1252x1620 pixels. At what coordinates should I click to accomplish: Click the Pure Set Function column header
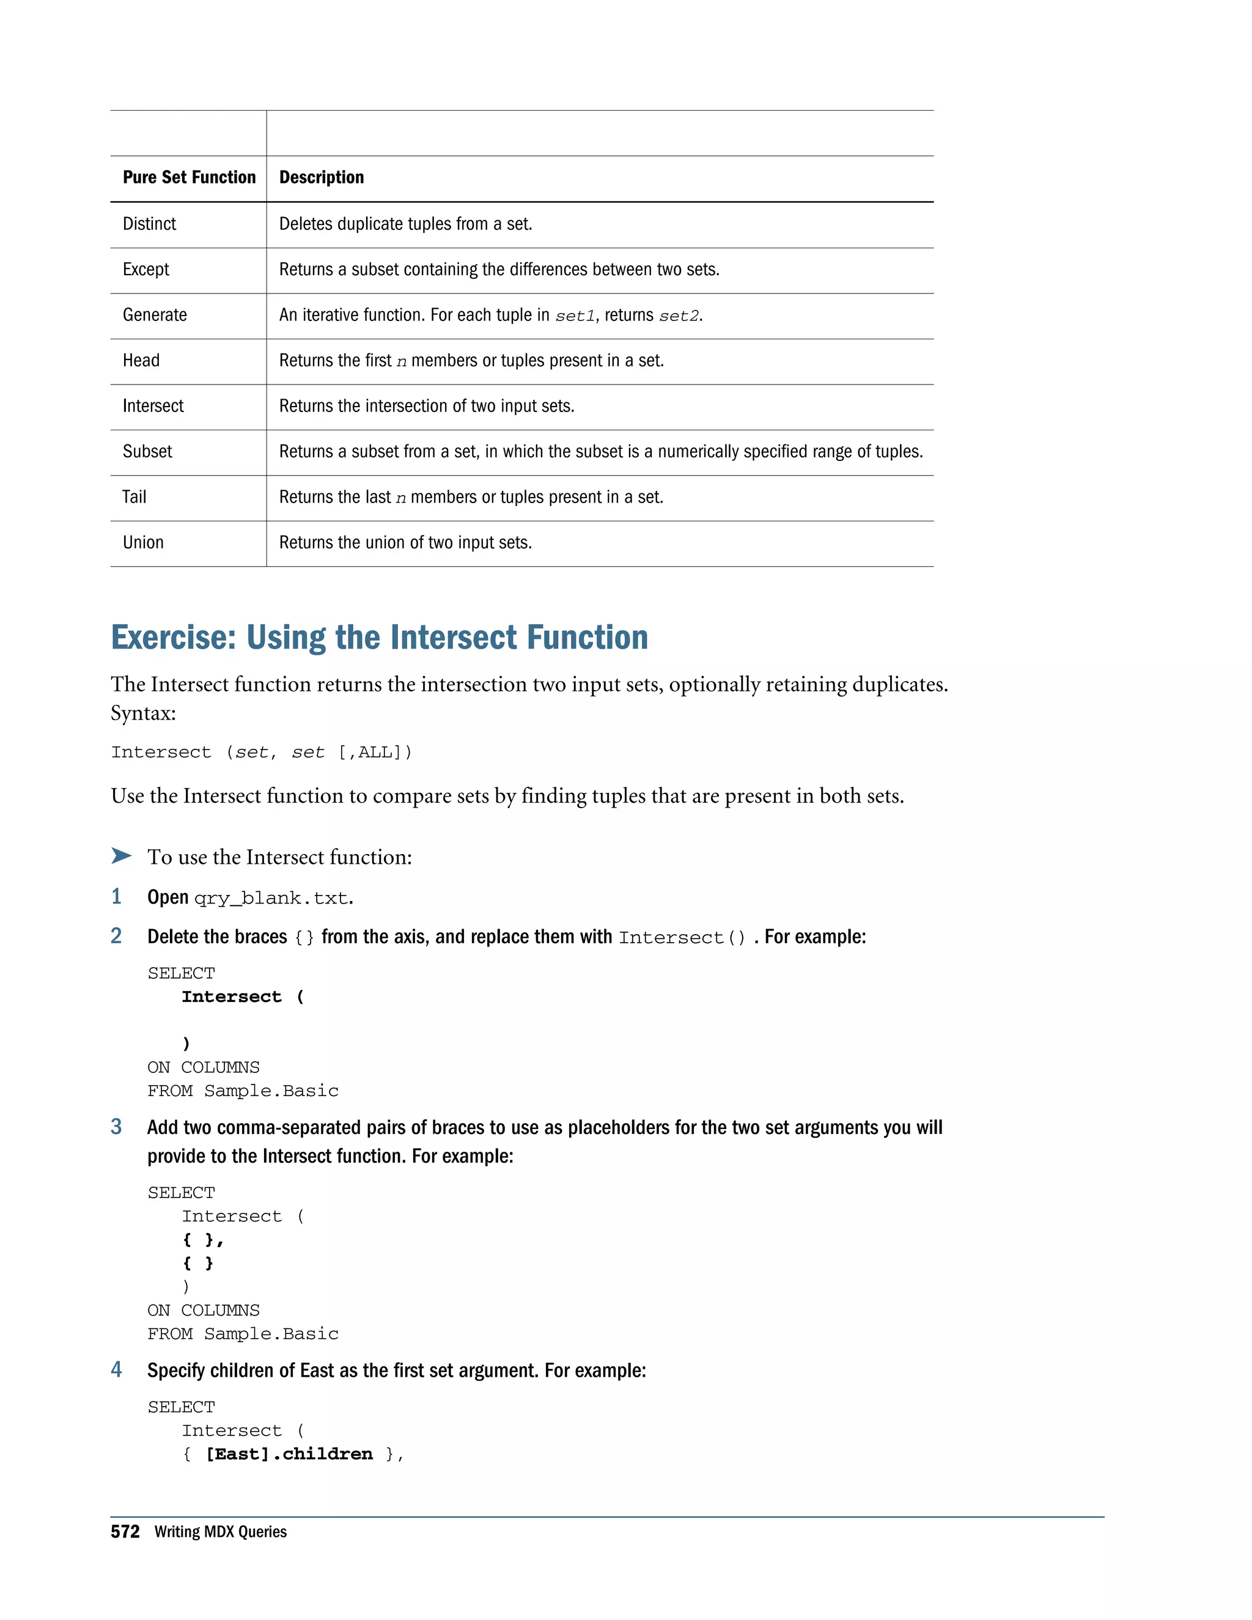tap(188, 177)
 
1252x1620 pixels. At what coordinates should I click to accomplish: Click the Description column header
tap(321, 177)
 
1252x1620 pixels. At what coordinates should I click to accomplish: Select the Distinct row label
tap(149, 224)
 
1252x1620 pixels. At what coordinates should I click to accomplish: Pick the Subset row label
tap(147, 452)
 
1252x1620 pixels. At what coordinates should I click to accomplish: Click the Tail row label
tap(134, 497)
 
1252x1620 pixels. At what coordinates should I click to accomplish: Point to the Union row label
tap(143, 543)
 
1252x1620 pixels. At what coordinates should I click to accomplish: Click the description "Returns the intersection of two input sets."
tap(427, 407)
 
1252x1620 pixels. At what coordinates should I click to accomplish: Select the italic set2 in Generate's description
tap(679, 316)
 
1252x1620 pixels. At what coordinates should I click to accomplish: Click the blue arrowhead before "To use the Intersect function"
tap(121, 856)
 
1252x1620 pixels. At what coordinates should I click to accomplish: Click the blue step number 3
tap(116, 1127)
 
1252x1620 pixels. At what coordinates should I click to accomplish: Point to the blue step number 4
tap(116, 1369)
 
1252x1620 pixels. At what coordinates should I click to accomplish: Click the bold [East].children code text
tap(289, 1454)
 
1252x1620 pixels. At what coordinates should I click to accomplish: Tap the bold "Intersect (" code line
tap(243, 997)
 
